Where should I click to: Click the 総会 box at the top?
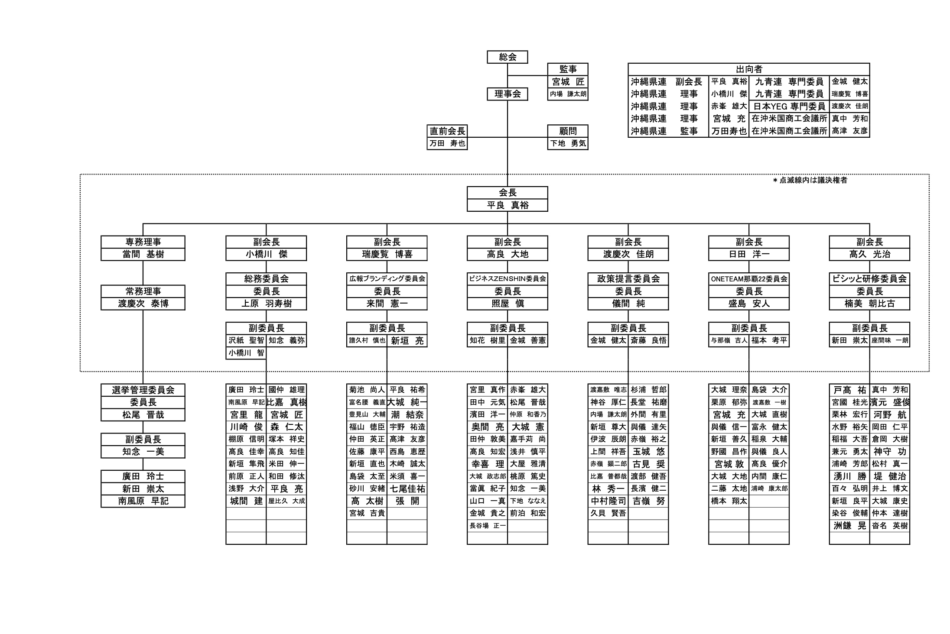click(x=507, y=57)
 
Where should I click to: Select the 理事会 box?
click(x=507, y=94)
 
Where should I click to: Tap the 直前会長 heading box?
click(x=447, y=131)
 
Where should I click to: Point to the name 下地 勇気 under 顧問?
click(x=568, y=143)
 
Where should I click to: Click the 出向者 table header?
click(x=748, y=69)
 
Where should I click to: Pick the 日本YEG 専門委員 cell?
click(x=789, y=106)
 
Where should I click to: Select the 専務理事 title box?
click(x=143, y=242)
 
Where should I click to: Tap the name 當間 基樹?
click(x=143, y=254)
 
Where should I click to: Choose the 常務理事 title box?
click(x=143, y=291)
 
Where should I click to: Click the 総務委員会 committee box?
click(x=266, y=279)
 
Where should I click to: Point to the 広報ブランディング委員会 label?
click(x=387, y=279)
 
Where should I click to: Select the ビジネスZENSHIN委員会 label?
click(x=507, y=279)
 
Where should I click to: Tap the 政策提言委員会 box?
click(x=628, y=279)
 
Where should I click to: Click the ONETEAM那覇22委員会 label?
click(x=748, y=279)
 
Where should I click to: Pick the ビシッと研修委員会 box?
click(x=869, y=279)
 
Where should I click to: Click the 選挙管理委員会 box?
click(x=143, y=390)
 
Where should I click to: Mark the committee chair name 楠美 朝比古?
click(x=869, y=304)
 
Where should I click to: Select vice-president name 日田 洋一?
click(x=748, y=254)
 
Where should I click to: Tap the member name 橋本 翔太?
click(x=729, y=501)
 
